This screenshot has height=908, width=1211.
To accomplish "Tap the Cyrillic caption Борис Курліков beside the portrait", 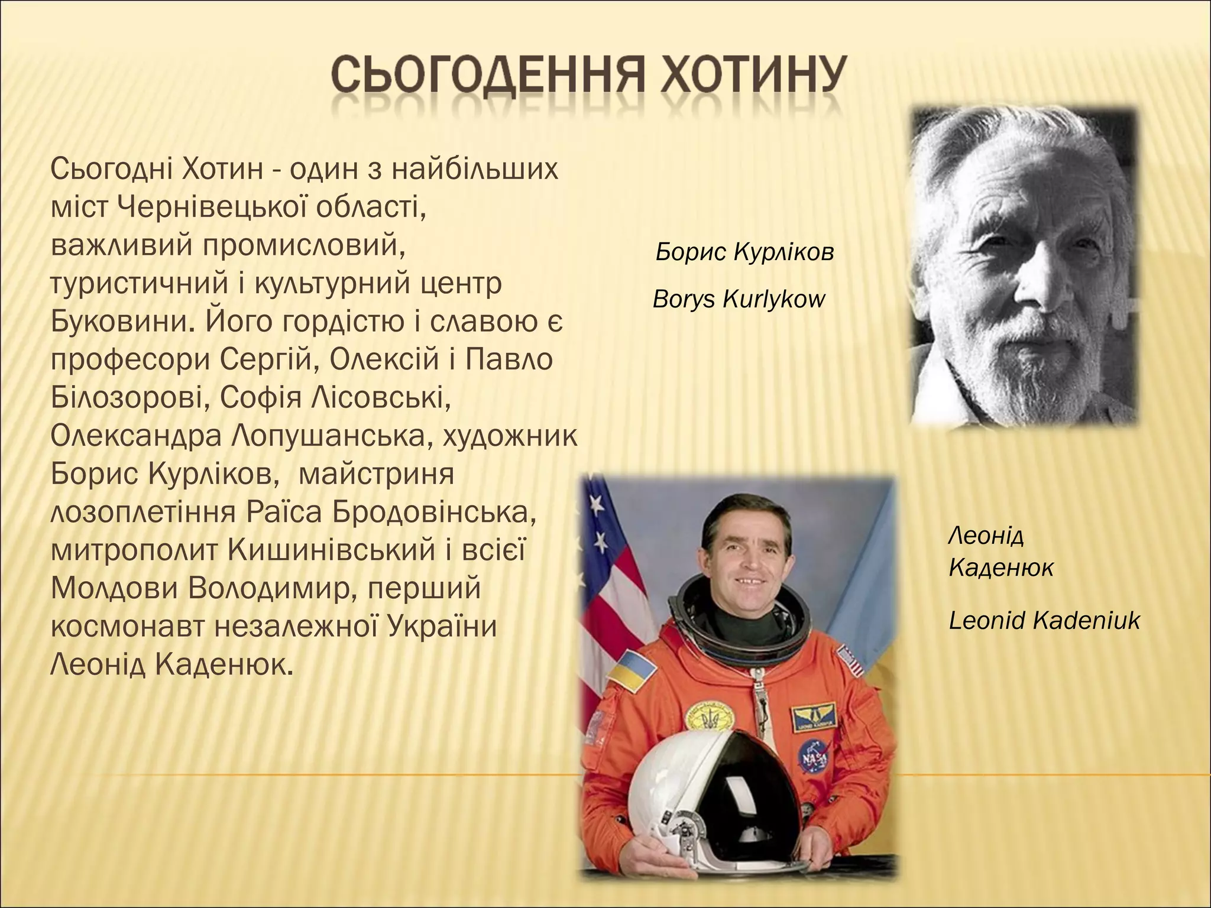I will tap(744, 252).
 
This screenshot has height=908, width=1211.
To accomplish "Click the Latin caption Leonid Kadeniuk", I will tap(1044, 621).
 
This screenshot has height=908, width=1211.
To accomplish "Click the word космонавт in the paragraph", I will tap(128, 627).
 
